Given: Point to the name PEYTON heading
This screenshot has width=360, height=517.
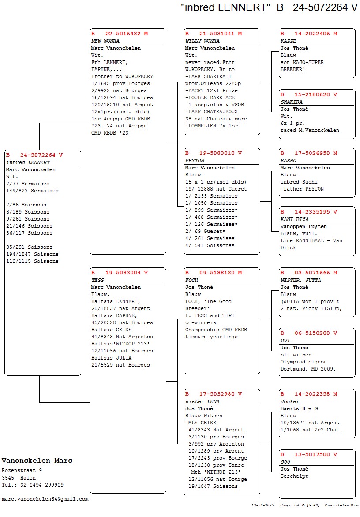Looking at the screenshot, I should pos(195,161).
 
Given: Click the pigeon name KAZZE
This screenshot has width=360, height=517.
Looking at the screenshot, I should pos(289,41).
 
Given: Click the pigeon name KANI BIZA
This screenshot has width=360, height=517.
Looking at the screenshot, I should pos(295,219).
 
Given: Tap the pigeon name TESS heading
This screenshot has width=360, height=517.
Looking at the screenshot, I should pos(97,280).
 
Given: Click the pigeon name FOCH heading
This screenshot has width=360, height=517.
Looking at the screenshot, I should pos(192,280).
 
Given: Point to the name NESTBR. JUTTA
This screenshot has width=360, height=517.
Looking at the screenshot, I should pos(301,280).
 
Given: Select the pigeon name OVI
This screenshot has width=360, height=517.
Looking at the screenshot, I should pos(285,341).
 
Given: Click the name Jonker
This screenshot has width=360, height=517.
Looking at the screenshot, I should pos(290,401).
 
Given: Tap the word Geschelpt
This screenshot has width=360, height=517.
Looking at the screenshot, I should pos(295,476).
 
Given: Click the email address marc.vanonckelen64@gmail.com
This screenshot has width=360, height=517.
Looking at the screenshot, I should pos(45,499).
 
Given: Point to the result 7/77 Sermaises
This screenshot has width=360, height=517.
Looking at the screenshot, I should pos(28,184).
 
